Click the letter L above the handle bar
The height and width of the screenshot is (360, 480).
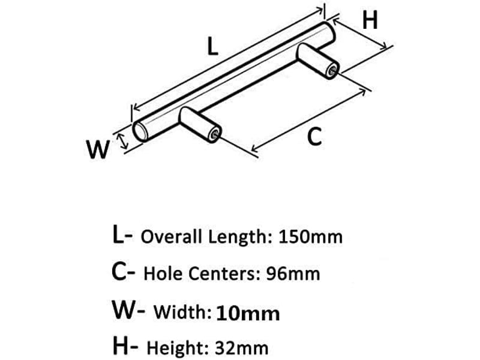pyautogui.click(x=212, y=46)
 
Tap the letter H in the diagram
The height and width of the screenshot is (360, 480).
pyautogui.click(x=370, y=20)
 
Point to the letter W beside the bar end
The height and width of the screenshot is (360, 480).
pyautogui.click(x=98, y=149)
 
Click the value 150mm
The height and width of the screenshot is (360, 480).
pyautogui.click(x=310, y=237)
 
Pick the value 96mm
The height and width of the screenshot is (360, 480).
pyautogui.click(x=293, y=274)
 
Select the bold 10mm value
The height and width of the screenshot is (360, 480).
pyautogui.click(x=248, y=314)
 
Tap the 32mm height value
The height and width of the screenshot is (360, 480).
pyautogui.click(x=242, y=348)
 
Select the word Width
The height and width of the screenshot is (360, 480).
pyautogui.click(x=183, y=312)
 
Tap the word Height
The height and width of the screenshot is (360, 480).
pyautogui.click(x=178, y=348)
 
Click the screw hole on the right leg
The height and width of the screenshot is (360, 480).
pyautogui.click(x=332, y=71)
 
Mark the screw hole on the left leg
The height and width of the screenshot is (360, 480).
pyautogui.click(x=215, y=134)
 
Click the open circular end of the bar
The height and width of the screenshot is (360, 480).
pyautogui.click(x=140, y=132)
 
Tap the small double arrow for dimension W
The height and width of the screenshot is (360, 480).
pyautogui.click(x=123, y=141)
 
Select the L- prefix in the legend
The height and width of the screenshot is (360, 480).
pyautogui.click(x=122, y=235)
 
